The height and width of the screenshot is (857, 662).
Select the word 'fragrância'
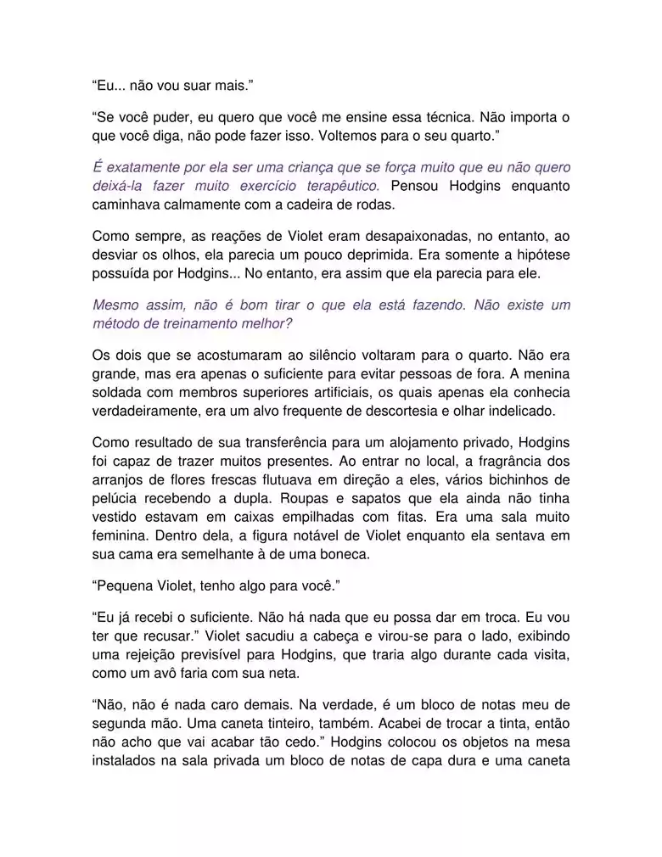click(509, 462)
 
